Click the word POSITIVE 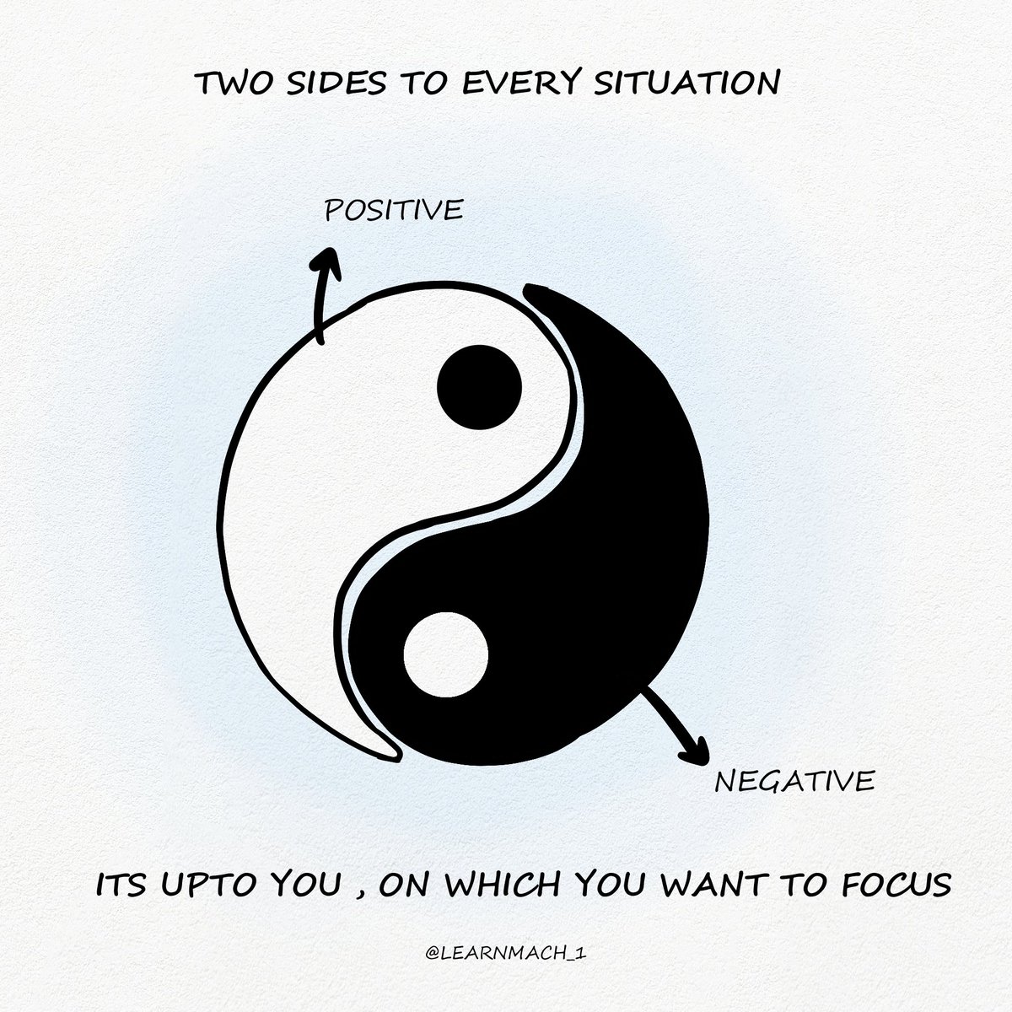pyautogui.click(x=394, y=210)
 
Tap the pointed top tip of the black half pyautogui.click(x=532, y=291)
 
